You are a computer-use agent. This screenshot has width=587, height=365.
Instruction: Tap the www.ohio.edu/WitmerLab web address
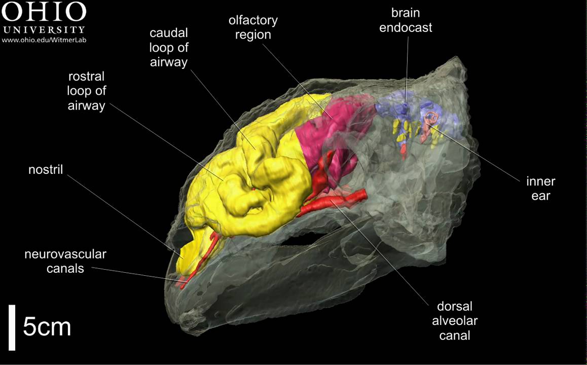point(44,39)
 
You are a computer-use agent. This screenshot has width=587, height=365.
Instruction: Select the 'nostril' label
point(46,169)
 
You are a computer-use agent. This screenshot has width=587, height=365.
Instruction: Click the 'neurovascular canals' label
point(65,261)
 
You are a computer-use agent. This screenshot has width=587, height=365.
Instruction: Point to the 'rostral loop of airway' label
point(86,91)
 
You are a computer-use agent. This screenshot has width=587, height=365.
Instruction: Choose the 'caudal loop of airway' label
point(169,48)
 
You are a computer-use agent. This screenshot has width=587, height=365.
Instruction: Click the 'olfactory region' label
point(253,28)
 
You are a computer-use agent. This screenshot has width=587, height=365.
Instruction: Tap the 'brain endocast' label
point(406,20)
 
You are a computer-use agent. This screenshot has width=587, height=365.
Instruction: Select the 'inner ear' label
point(540,188)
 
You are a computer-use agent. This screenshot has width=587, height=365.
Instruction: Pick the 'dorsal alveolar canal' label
point(455,320)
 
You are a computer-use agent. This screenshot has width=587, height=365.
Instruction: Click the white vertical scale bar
point(12,327)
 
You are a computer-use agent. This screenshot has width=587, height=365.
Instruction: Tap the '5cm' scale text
point(47,327)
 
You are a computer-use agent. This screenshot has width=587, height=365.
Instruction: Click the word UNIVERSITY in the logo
point(44,29)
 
